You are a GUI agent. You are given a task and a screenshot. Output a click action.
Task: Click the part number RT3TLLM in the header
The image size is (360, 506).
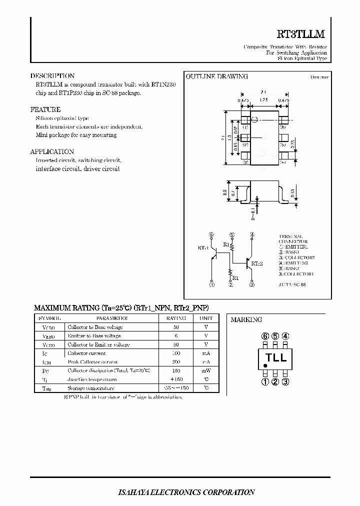[300, 34]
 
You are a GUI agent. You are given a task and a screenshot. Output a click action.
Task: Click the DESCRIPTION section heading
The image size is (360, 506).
[52, 76]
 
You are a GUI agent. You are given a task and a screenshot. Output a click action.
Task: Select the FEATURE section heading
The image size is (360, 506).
[45, 109]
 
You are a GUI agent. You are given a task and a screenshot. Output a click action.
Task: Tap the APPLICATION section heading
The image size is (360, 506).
[52, 151]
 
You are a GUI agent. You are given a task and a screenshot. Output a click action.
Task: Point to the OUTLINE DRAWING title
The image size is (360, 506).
[217, 76]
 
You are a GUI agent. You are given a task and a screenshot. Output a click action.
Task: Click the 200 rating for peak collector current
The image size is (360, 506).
[176, 361]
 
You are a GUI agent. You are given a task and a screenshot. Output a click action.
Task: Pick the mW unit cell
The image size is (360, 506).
[206, 370]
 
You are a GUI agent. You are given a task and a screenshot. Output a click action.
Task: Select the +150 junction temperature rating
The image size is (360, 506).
[176, 379]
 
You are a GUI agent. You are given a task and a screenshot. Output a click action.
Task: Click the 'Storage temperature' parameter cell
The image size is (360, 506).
[90, 388]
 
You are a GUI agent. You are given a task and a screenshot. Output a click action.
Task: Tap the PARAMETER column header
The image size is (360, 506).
[111, 318]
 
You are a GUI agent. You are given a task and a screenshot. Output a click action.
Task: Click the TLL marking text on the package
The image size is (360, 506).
[275, 357]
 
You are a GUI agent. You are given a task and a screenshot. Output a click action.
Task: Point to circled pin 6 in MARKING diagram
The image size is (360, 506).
[265, 336]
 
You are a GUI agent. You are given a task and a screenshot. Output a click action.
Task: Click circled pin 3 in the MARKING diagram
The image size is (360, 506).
[285, 382]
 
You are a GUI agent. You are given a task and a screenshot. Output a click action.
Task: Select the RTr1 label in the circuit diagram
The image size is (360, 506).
[203, 247]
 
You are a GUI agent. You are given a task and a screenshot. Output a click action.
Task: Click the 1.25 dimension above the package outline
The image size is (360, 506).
[264, 100]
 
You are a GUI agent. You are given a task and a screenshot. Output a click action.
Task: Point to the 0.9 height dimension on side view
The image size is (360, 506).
[225, 192]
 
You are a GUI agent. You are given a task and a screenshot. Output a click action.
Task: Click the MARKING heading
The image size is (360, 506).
[246, 319]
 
